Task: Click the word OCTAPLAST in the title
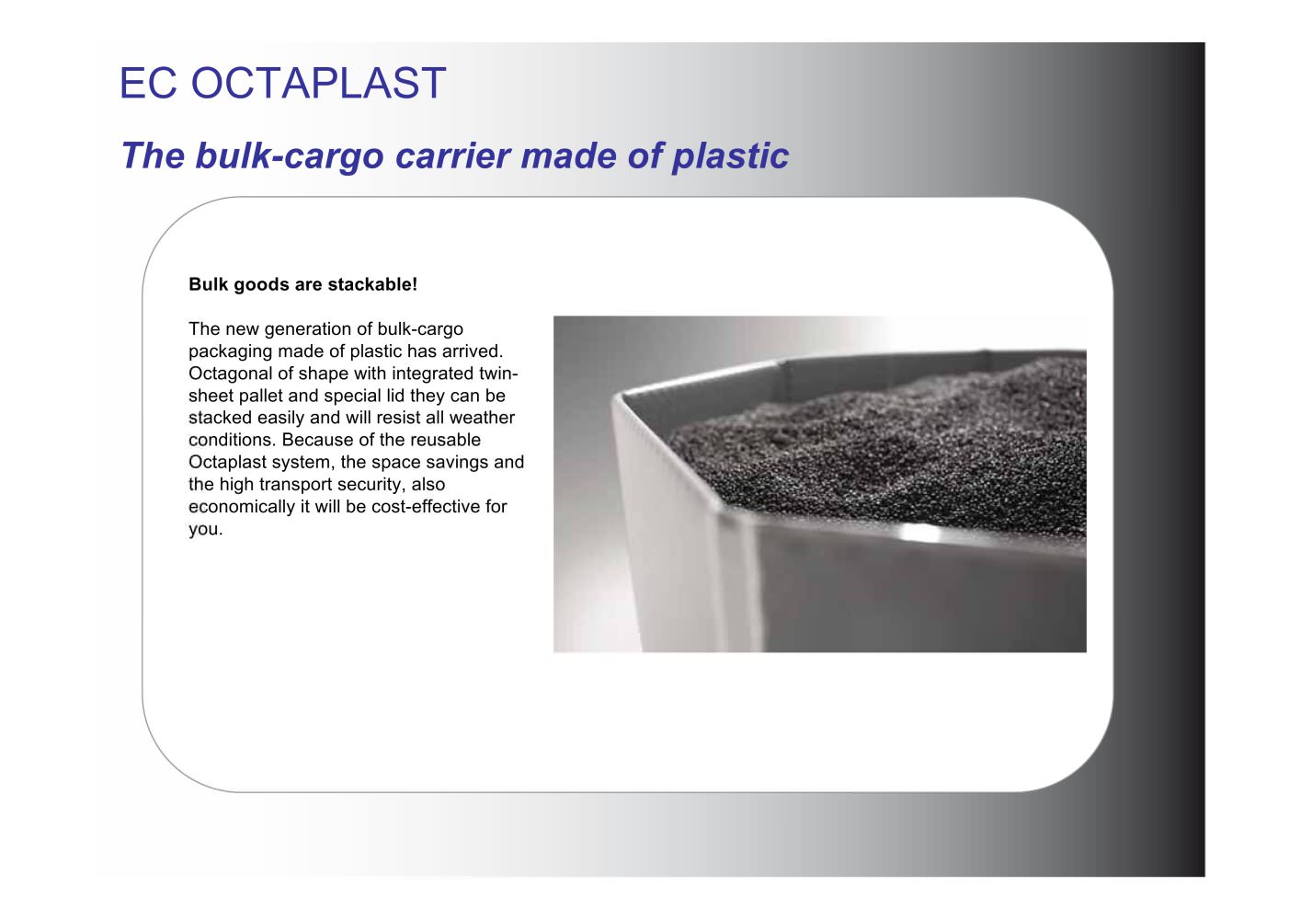(x=319, y=83)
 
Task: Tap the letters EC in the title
(x=148, y=83)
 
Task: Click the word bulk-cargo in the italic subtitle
(x=290, y=156)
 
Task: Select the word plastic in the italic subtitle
(x=730, y=156)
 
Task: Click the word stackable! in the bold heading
(x=372, y=284)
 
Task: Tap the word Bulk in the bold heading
(x=209, y=284)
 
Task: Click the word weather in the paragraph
(x=482, y=418)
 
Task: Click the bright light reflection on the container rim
(x=920, y=533)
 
